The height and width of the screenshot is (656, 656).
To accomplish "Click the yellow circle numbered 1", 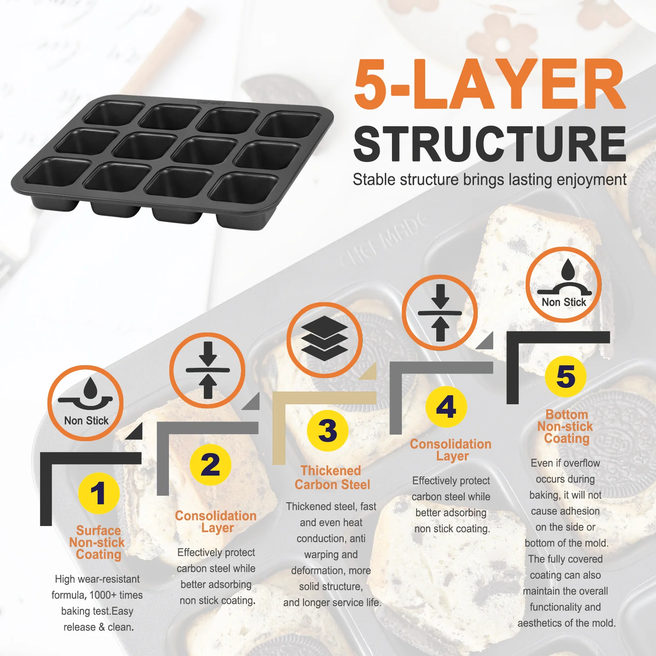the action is click(98, 493).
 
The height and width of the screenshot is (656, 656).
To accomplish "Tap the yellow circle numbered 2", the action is click(211, 465).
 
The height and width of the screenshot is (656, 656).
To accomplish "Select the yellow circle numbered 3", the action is click(328, 430).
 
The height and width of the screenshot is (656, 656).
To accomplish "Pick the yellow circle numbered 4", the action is click(446, 407).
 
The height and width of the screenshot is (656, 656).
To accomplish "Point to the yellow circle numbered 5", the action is click(566, 376).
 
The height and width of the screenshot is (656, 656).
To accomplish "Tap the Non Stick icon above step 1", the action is click(86, 403).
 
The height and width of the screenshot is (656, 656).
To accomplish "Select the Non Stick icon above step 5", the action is click(564, 285).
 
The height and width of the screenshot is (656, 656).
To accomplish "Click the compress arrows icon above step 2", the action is click(207, 370).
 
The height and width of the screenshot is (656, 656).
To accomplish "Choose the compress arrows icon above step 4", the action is click(440, 313).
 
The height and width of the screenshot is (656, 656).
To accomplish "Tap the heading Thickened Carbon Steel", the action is click(332, 478).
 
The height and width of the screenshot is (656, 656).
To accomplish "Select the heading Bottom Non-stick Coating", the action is click(566, 426).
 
